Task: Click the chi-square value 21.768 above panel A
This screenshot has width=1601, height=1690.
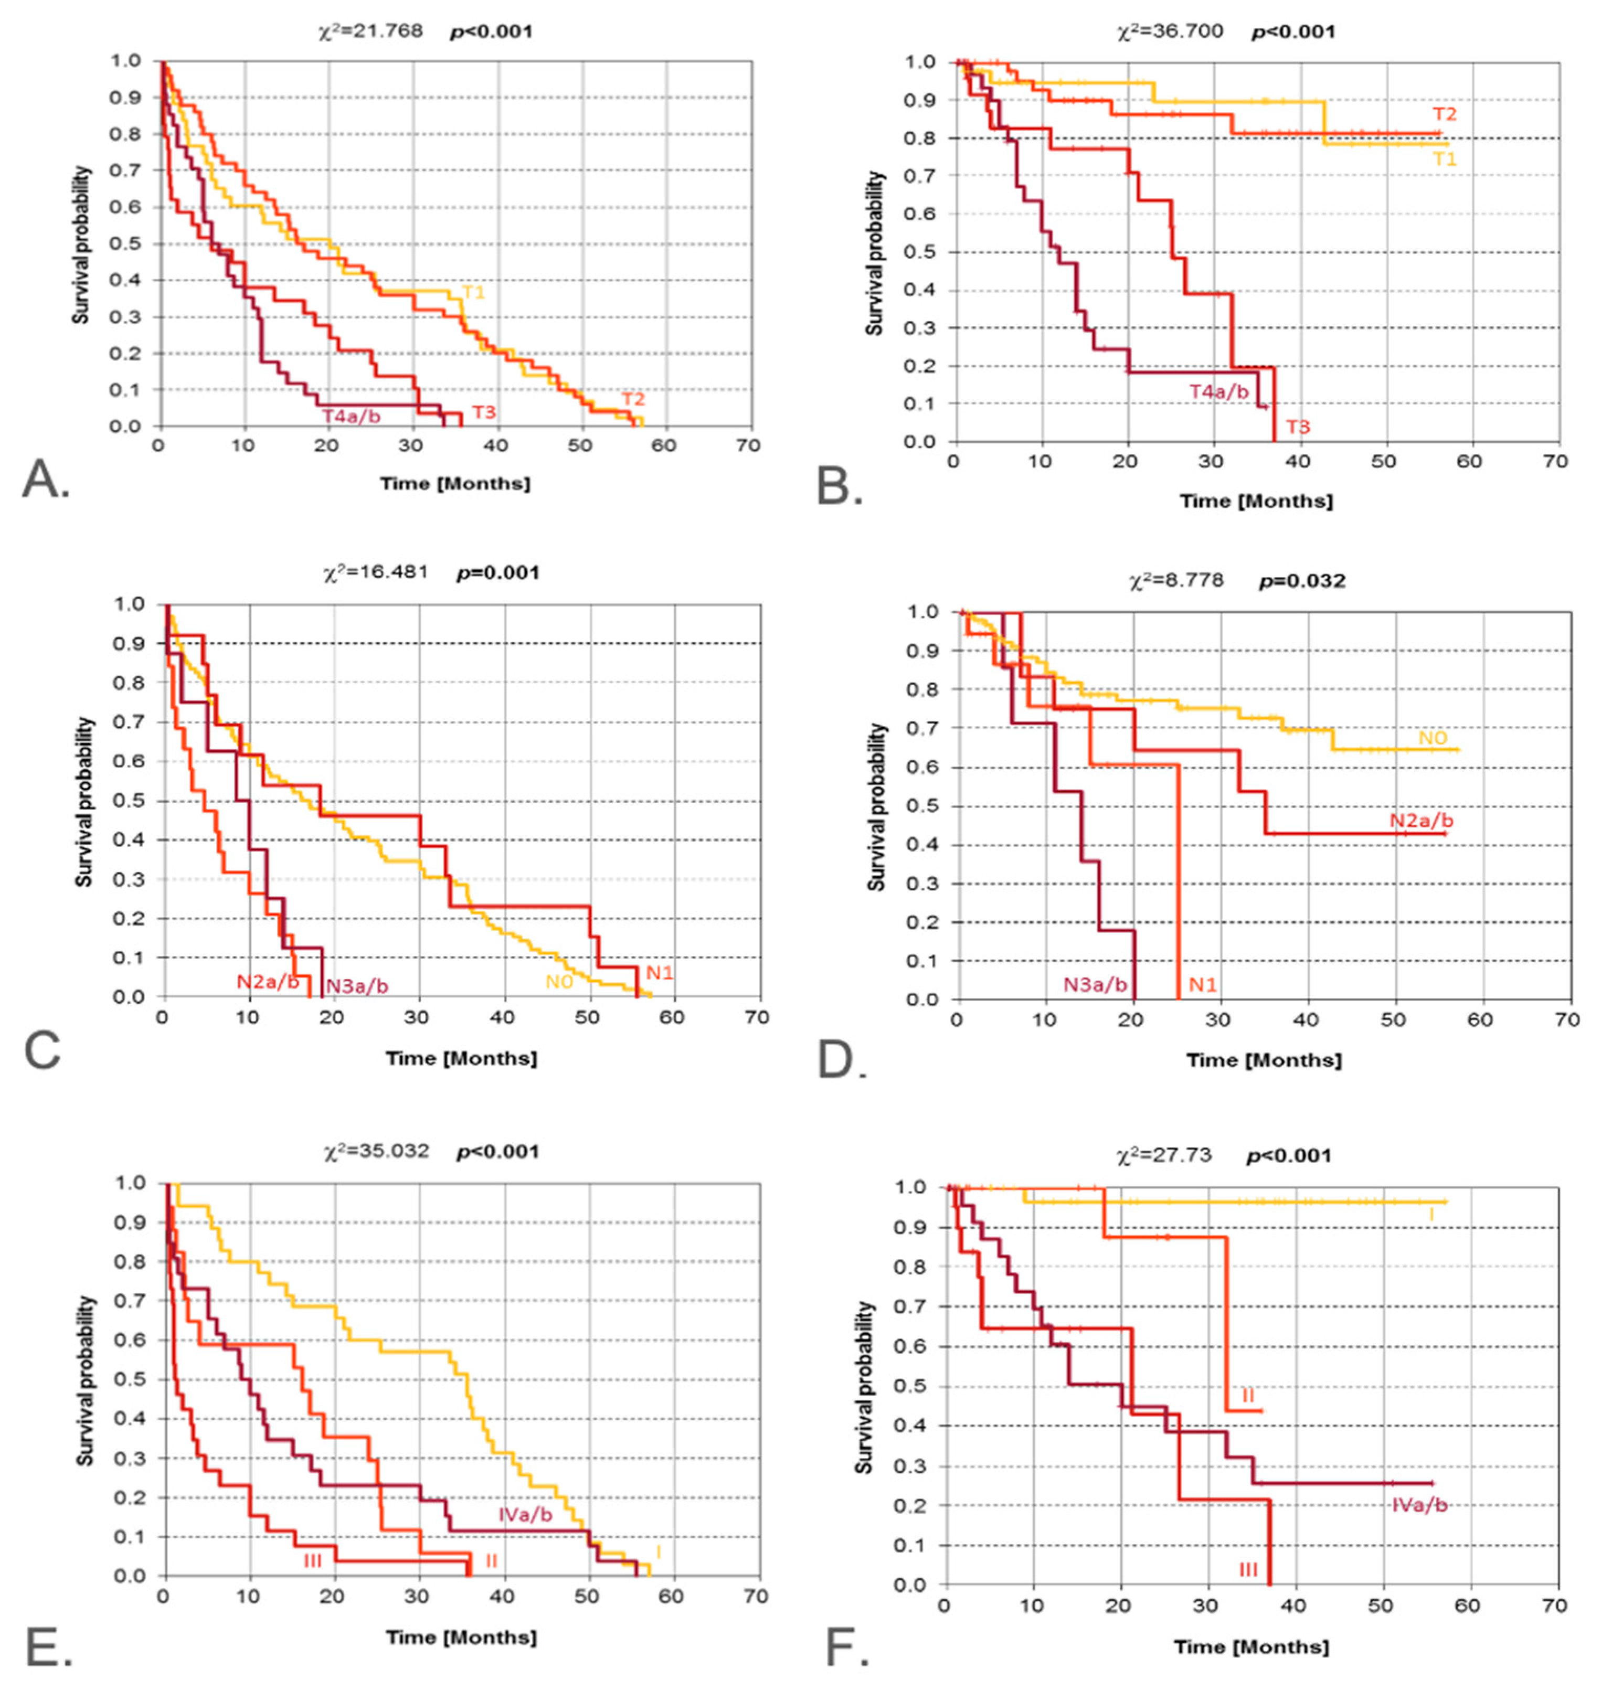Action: coord(369,31)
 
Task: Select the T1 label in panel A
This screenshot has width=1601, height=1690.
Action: coord(474,293)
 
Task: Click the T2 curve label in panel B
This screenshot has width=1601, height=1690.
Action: coord(1444,114)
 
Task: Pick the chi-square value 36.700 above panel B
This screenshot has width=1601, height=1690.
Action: coord(1170,31)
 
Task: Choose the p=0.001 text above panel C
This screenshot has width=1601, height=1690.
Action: coord(497,572)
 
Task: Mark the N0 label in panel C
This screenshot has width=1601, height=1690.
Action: coord(559,982)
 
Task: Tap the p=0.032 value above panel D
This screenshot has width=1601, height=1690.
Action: coord(1302,581)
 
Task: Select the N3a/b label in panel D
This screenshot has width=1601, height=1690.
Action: coord(1095,984)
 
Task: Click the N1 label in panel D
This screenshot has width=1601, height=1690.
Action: coord(1203,984)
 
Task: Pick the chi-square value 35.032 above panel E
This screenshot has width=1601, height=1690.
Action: coord(376,1152)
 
